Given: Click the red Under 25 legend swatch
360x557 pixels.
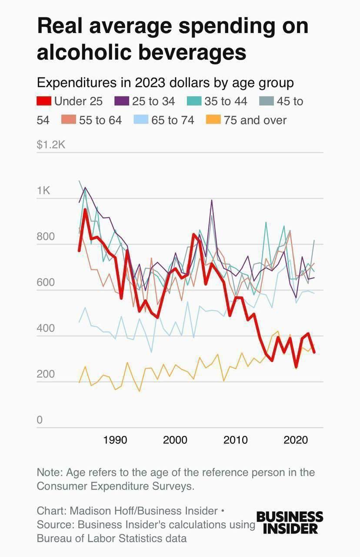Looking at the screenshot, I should click(44, 101).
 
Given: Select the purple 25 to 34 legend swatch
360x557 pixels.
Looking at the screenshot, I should click(122, 101).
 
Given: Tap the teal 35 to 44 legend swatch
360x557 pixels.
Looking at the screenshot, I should click(194, 101).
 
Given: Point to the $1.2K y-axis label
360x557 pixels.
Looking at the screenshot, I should click(51, 144).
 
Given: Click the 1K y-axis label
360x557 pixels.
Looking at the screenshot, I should click(44, 191).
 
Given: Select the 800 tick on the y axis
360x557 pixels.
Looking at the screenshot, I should click(46, 237).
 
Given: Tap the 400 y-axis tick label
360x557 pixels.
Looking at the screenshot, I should click(46, 329).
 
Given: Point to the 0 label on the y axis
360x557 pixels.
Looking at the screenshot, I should click(40, 420).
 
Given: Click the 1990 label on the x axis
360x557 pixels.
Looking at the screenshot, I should click(115, 440).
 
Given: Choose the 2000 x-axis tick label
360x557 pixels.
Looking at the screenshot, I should click(175, 440).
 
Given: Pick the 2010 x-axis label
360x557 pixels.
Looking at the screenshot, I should click(235, 440).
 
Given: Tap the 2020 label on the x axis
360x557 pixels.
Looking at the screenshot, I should click(296, 440).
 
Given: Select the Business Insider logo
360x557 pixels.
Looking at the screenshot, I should click(290, 523).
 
